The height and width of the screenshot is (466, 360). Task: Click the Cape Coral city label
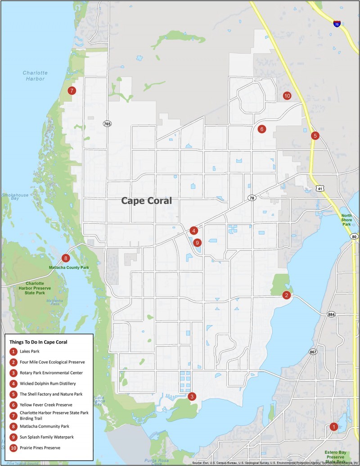147,201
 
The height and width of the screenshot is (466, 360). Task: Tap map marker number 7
71,90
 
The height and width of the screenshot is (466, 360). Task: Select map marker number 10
287,95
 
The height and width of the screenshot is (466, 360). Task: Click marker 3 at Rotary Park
192,397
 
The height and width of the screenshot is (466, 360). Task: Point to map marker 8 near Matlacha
66,258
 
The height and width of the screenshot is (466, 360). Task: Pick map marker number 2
286,295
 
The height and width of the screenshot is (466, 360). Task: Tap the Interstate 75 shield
337,24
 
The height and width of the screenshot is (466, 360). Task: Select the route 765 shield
107,123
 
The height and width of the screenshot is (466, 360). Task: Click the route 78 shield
252,198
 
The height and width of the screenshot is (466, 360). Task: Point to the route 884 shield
332,314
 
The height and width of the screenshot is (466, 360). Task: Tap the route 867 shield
313,351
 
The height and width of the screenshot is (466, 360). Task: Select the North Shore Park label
346,220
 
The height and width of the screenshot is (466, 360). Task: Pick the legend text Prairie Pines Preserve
40,448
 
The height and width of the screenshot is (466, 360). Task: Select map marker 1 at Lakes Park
334,426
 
